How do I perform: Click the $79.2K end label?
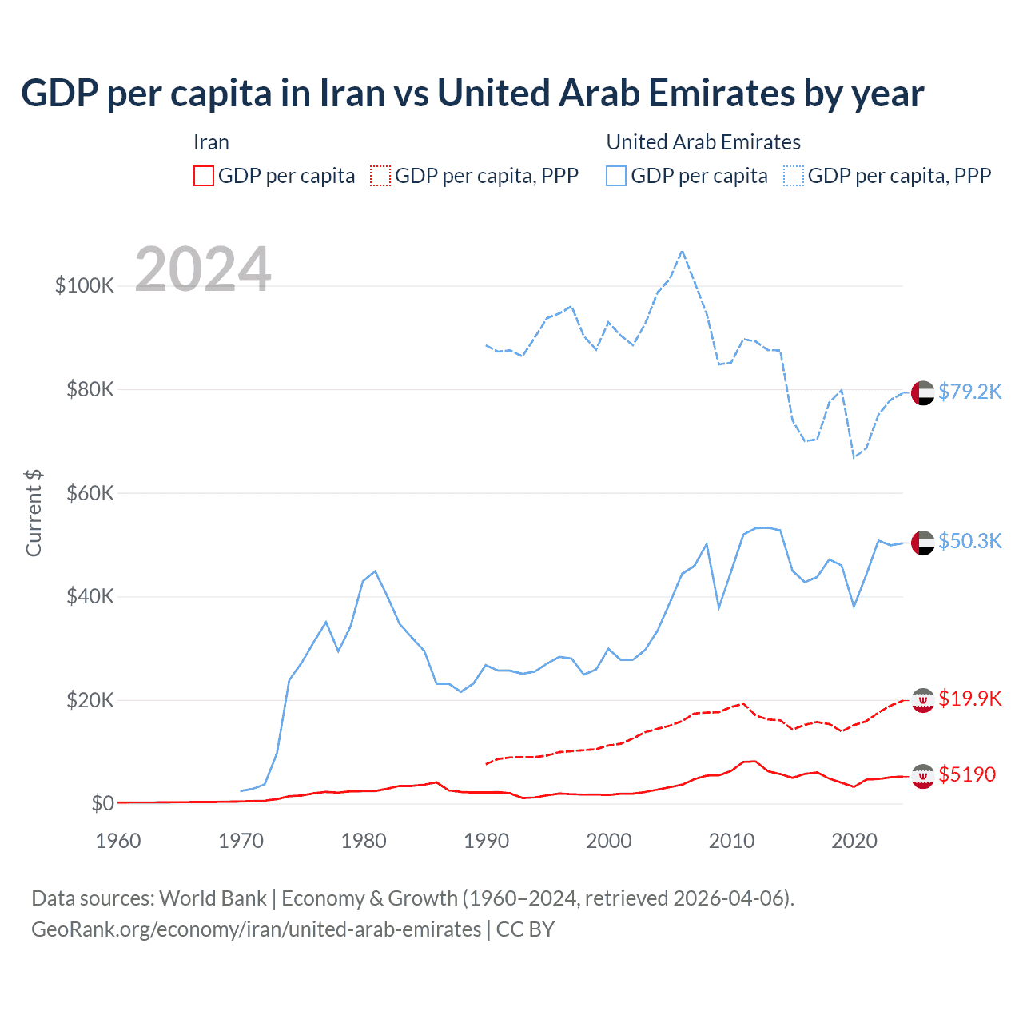pos(969,392)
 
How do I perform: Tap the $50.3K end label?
pos(969,541)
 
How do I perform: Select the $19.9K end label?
pos(969,699)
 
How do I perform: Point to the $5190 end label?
pos(967,774)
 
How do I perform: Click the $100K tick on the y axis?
pos(84,285)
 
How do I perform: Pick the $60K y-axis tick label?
pos(90,493)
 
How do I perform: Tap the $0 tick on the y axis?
pos(102,803)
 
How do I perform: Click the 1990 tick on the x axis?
pos(486,841)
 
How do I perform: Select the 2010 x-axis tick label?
pos(731,841)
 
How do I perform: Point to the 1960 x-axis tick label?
pos(118,841)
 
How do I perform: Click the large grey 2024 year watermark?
pos(203,269)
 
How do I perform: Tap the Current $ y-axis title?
pos(34,513)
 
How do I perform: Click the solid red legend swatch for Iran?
pos(204,176)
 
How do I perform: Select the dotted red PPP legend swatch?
pos(381,176)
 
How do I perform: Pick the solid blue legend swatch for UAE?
pos(616,176)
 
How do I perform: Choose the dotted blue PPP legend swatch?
pos(794,176)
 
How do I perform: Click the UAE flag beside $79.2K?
pos(922,393)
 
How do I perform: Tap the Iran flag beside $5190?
pos(922,776)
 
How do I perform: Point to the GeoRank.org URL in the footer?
pos(256,929)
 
